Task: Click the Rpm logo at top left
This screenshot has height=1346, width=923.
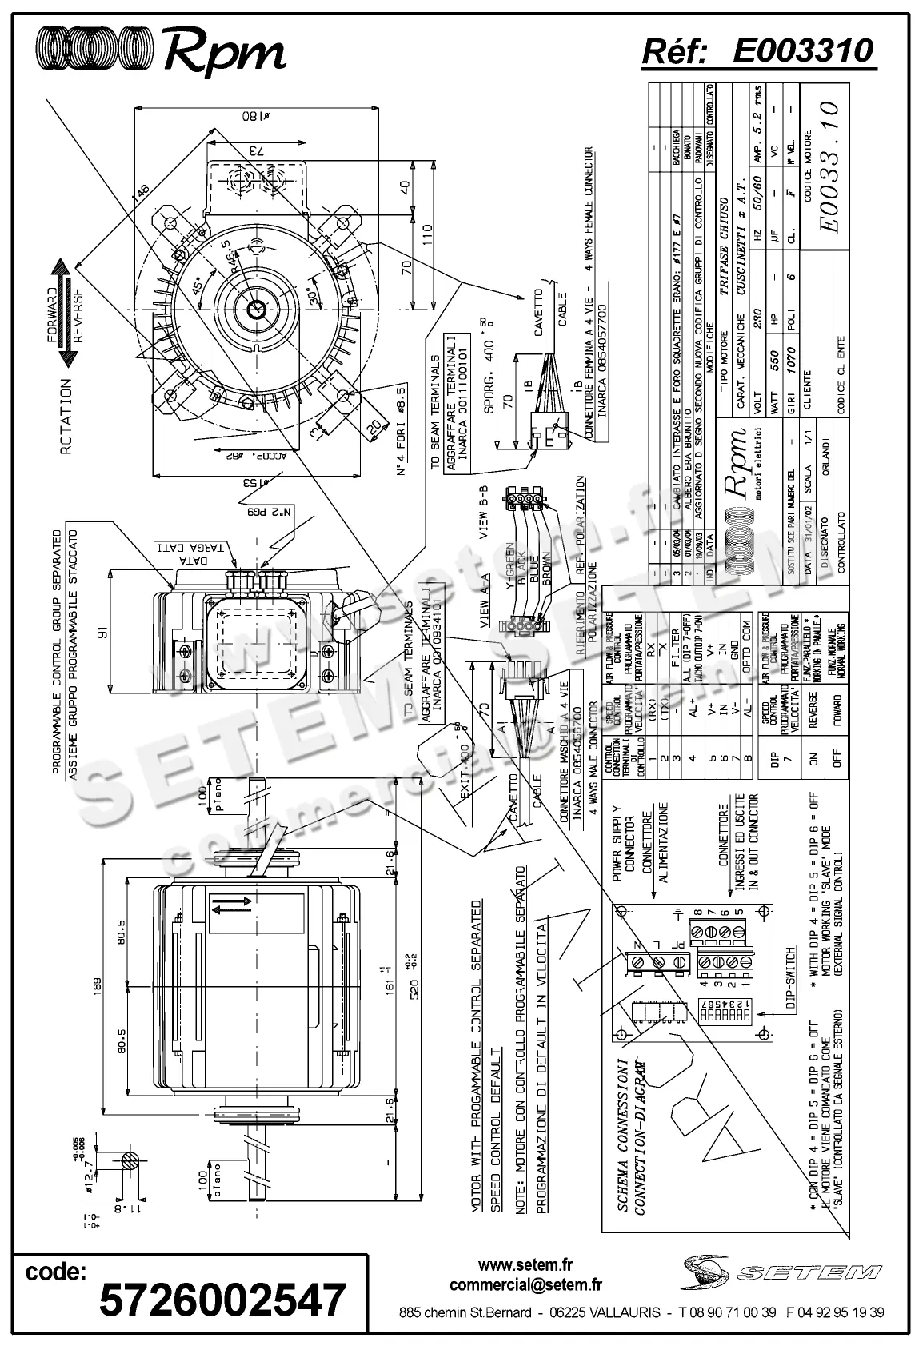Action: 161,51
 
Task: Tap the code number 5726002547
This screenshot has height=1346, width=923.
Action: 222,1299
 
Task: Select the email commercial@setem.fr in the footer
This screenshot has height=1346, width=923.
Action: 525,1285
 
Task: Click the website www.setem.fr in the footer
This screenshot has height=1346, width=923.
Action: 525,1265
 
